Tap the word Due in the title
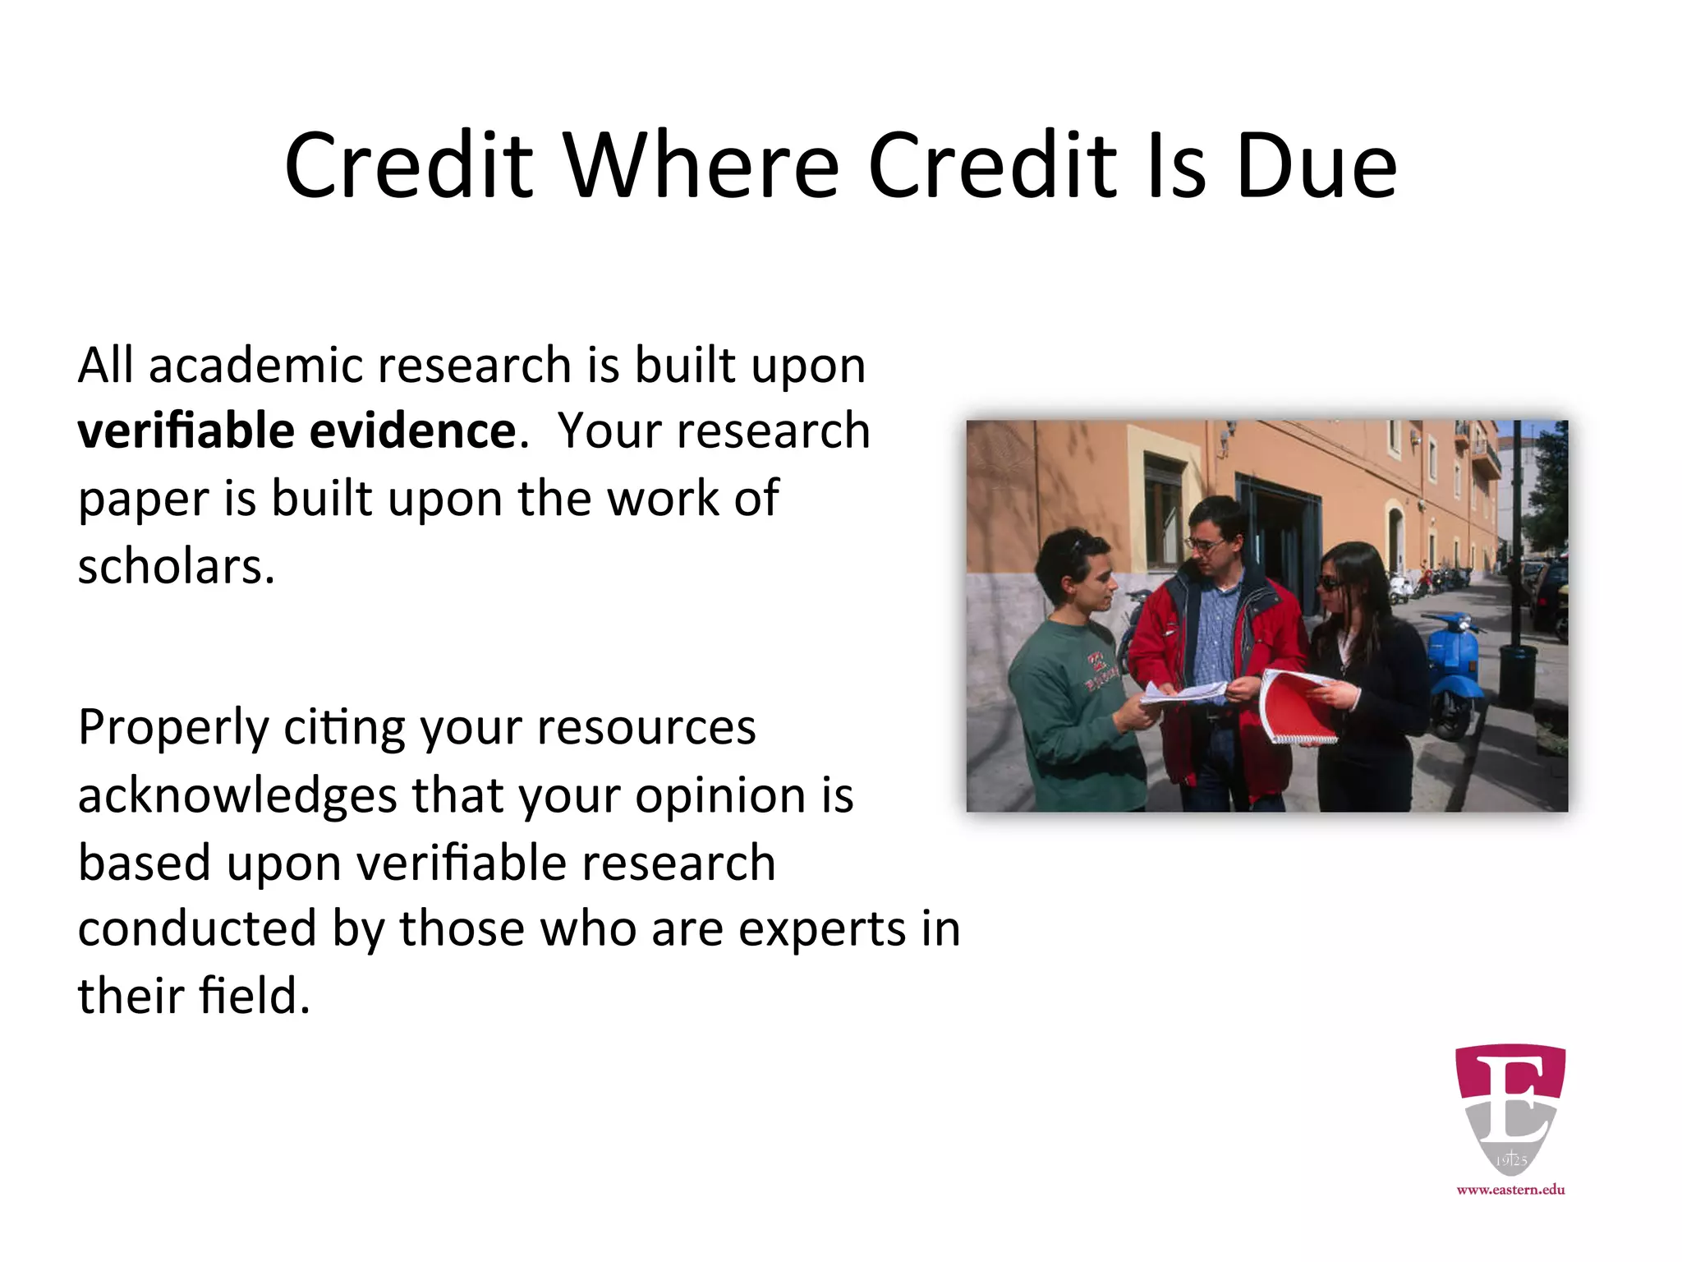1315,166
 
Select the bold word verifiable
186,431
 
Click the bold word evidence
413,431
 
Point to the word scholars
175,566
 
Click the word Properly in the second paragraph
173,728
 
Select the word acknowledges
237,795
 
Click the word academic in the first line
255,365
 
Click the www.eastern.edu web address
1510,1190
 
